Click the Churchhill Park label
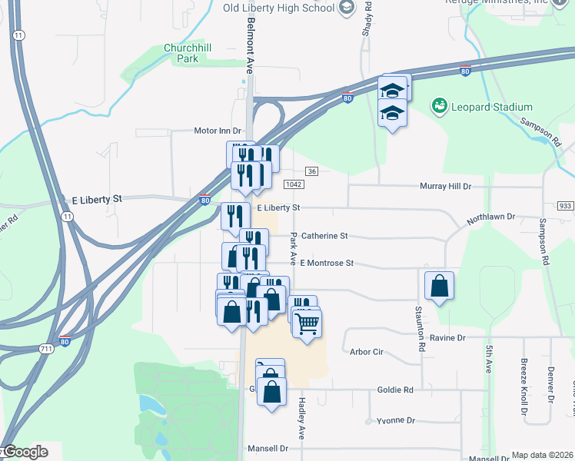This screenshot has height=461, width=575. tap(182, 53)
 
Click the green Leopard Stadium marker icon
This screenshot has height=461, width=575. tap(440, 105)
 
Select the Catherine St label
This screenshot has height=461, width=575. tap(324, 236)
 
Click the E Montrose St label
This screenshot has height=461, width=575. tap(327, 263)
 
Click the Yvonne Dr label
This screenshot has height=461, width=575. tap(396, 421)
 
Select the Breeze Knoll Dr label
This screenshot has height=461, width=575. tap(523, 380)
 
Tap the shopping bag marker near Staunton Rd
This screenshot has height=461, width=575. tap(438, 286)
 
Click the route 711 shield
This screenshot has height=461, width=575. tap(47, 349)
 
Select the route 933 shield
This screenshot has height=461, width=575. tap(566, 206)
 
